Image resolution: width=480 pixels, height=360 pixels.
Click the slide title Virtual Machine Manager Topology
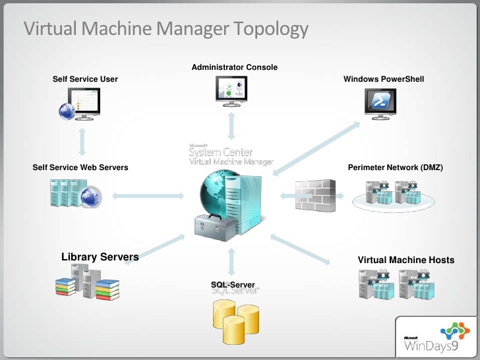(165, 29)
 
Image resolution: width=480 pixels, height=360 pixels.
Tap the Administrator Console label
(234, 67)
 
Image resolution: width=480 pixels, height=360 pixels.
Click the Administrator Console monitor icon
(232, 90)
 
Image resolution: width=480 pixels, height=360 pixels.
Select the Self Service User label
(85, 79)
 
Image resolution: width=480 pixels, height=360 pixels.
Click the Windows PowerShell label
(384, 79)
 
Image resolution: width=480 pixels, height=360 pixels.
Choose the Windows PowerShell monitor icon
(382, 104)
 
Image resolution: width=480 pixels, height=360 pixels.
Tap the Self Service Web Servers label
(80, 167)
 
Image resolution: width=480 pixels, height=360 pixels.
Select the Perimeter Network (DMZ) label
(395, 167)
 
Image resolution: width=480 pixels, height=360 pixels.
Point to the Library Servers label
(100, 256)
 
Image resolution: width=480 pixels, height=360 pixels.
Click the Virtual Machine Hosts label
(405, 260)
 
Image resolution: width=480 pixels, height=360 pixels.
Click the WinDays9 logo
(436, 337)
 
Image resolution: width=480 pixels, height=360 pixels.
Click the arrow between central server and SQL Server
(231, 262)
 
